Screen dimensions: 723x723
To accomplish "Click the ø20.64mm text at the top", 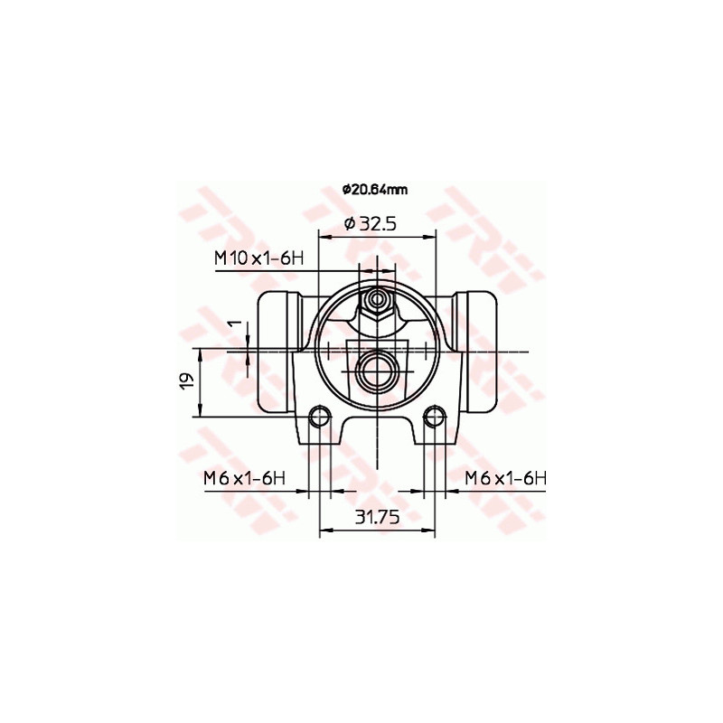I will click(x=374, y=190).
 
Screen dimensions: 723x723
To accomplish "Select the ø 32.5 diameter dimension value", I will click(x=371, y=223).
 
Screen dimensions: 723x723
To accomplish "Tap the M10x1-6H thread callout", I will click(x=257, y=258).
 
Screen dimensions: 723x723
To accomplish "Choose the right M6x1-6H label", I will click(x=506, y=478).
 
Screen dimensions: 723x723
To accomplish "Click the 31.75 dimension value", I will click(x=377, y=517).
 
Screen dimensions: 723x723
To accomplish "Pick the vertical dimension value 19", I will click(x=185, y=381).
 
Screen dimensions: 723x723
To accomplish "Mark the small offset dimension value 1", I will click(x=231, y=324).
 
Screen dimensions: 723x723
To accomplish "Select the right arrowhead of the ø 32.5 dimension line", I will click(x=430, y=238).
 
